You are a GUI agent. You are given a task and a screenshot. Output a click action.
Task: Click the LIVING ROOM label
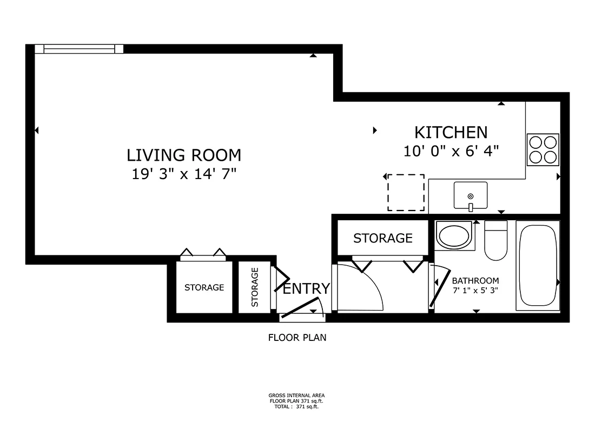184,155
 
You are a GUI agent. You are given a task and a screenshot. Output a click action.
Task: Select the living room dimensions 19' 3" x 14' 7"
184,174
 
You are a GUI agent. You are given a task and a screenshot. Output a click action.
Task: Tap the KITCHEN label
451,132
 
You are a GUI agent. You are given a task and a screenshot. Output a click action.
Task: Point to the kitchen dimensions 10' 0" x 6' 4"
451,151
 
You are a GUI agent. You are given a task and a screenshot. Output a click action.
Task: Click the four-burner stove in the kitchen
543,149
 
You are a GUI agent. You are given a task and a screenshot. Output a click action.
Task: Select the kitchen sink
470,195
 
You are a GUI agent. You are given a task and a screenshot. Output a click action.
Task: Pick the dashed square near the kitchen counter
406,193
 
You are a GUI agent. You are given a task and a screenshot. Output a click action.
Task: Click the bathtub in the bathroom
538,265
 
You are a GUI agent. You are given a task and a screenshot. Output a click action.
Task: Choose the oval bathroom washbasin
454,236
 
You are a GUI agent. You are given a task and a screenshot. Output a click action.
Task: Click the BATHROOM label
475,281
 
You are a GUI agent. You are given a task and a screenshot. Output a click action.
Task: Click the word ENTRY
306,288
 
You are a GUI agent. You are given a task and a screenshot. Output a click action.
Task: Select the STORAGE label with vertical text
255,287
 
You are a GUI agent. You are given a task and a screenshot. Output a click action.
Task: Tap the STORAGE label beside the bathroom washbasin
383,238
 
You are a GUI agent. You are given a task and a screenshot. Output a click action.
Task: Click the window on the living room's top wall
79,49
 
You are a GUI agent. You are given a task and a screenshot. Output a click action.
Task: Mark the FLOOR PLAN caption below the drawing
297,338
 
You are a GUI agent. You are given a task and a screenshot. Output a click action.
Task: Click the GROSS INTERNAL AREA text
296,396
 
